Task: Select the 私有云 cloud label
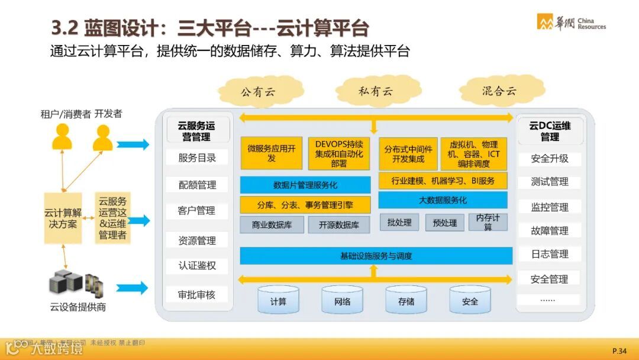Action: tap(375, 92)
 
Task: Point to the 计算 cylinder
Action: tap(278, 301)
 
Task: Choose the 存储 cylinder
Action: tap(406, 301)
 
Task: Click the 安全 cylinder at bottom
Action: tap(470, 301)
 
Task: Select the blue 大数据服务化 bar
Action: tap(443, 200)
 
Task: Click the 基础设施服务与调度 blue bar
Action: tap(376, 256)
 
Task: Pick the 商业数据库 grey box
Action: tap(272, 224)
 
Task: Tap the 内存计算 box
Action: tap(488, 222)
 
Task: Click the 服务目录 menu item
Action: tap(197, 158)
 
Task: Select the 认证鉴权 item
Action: tap(197, 265)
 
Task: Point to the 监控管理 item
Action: tap(549, 207)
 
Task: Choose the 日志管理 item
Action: tap(549, 254)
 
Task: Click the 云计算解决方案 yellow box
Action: tap(63, 218)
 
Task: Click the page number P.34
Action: tap(619, 351)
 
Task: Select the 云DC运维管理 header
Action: tap(550, 131)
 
